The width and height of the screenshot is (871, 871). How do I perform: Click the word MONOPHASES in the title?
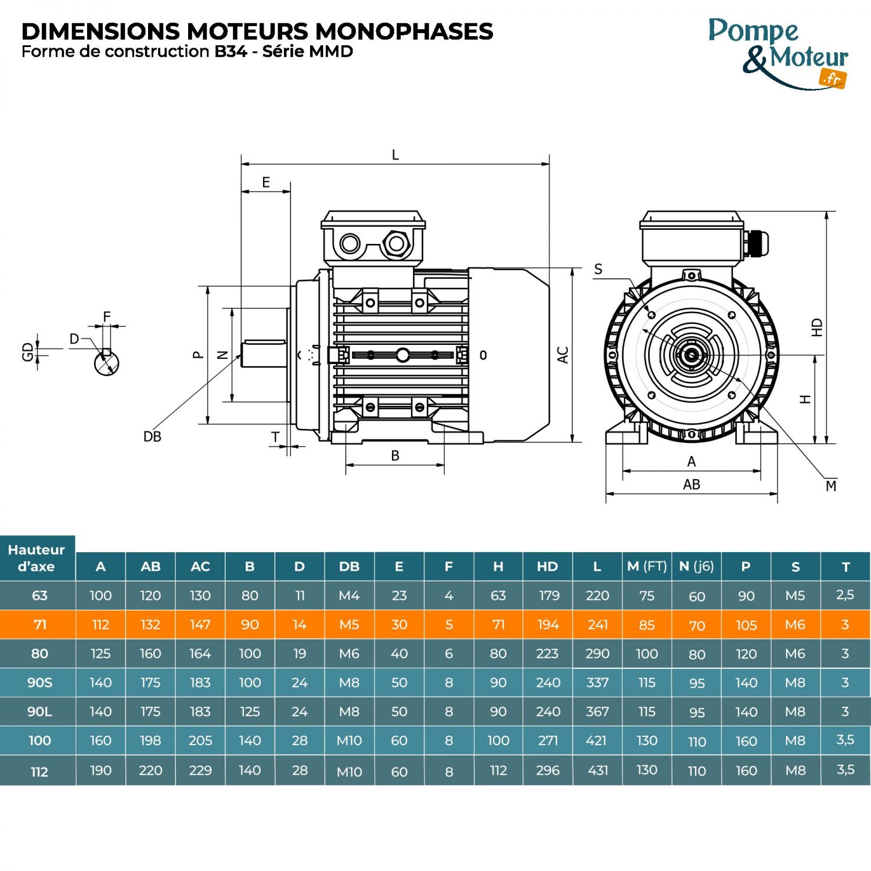pos(404,31)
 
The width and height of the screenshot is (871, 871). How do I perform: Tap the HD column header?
pos(548,567)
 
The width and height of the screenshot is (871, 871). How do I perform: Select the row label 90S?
pos(39,683)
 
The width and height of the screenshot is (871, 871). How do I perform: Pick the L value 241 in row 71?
pos(598,625)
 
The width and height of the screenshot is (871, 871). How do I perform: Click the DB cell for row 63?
pos(349,596)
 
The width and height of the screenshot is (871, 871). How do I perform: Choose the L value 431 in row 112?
pos(598,771)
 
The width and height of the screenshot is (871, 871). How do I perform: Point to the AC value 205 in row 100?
pos(200,741)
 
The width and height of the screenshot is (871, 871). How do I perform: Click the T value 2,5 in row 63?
pos(845,595)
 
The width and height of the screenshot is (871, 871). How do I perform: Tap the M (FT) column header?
pos(647,567)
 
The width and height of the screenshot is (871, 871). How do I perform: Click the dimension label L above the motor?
pos(395,155)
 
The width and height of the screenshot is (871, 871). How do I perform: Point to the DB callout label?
pos(152,437)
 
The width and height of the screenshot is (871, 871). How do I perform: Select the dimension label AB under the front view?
pos(692,484)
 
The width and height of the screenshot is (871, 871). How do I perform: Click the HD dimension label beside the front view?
pos(817,327)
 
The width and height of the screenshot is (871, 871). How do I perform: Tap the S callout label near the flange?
pos(598,269)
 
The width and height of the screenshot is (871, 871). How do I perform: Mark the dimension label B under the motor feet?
pos(395,456)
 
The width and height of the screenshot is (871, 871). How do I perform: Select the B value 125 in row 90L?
pos(250,712)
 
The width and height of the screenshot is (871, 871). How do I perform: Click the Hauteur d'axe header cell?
pos(37,558)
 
